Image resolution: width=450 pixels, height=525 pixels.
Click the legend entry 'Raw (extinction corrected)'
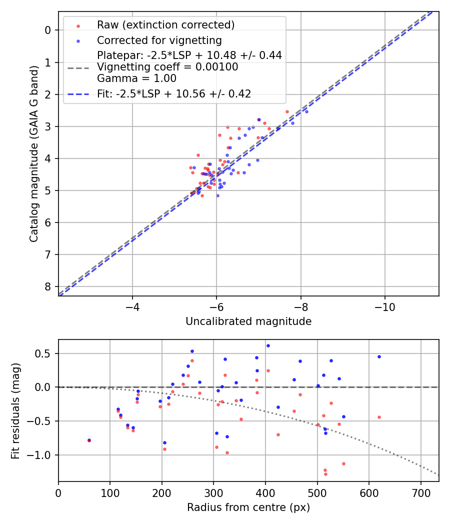click(x=165, y=25)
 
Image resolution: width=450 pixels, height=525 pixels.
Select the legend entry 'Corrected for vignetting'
click(x=159, y=40)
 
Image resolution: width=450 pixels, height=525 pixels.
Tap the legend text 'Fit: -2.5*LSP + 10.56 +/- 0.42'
click(x=173, y=93)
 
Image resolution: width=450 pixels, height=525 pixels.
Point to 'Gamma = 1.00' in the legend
click(x=136, y=78)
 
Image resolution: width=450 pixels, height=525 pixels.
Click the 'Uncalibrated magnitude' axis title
click(x=248, y=321)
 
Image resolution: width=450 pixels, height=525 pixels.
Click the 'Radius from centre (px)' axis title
click(x=248, y=507)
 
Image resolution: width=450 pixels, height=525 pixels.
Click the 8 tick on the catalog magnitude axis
click(x=48, y=286)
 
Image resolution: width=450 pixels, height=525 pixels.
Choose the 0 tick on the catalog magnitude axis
click(x=48, y=30)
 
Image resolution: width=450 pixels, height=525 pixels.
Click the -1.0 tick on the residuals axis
click(x=42, y=455)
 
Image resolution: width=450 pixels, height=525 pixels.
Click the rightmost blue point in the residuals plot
click(x=379, y=356)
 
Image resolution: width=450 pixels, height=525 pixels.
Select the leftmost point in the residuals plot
click(x=89, y=440)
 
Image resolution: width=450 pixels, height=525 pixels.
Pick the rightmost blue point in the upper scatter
click(x=306, y=111)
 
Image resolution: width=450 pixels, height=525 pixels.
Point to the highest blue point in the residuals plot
click(x=268, y=345)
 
